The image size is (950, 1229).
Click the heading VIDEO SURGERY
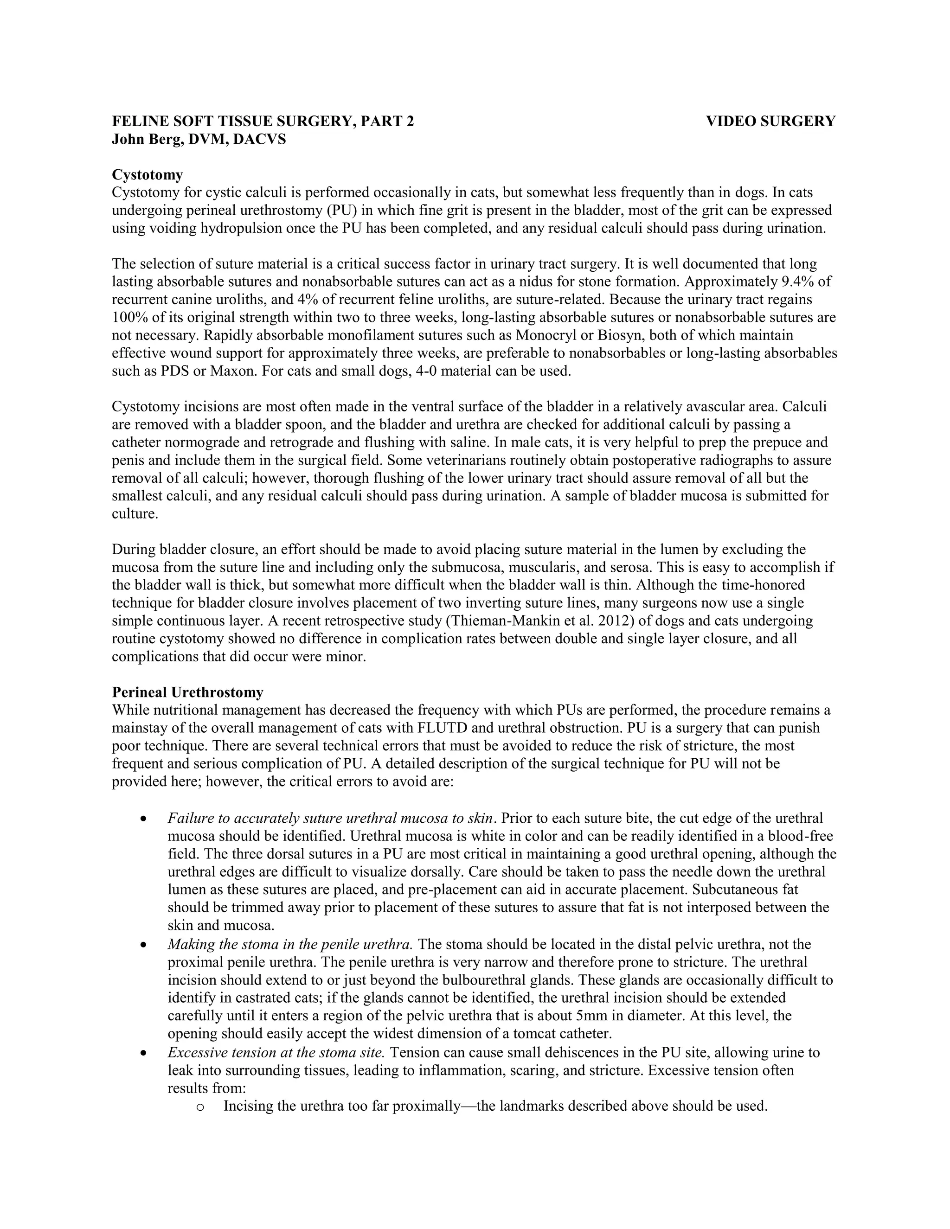770,122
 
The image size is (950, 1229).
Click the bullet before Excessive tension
145,1053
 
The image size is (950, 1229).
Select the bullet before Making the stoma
145,945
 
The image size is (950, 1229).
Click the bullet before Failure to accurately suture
145,819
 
